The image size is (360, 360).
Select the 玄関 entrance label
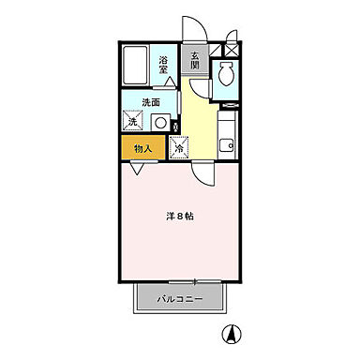(x=195, y=61)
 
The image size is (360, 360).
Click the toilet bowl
(x=225, y=74)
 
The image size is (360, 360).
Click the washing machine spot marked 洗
(x=132, y=121)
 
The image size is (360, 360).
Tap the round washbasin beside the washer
(x=160, y=122)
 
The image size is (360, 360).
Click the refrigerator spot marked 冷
(x=178, y=146)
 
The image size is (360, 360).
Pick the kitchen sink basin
(x=225, y=144)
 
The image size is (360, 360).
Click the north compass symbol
(x=229, y=332)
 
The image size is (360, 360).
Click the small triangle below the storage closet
(x=138, y=168)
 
